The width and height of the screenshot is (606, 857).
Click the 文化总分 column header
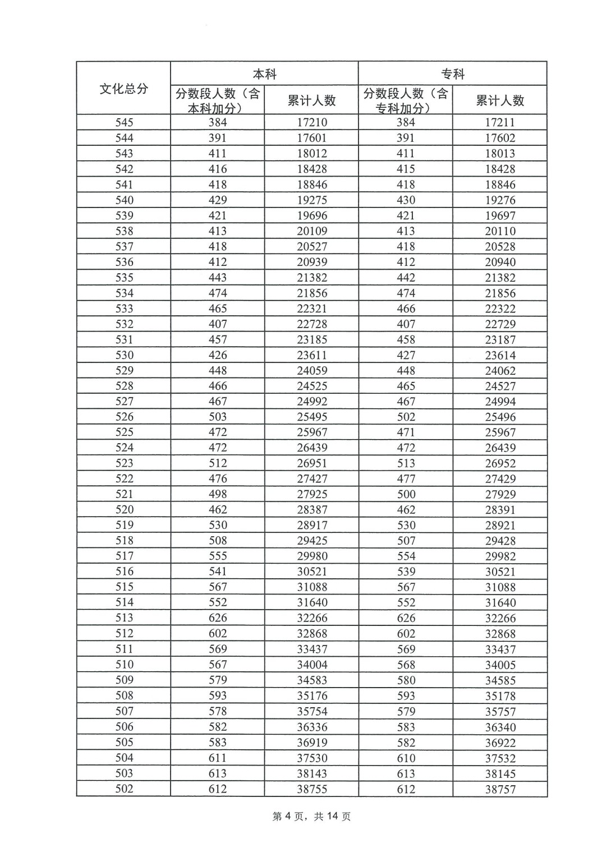pyautogui.click(x=124, y=89)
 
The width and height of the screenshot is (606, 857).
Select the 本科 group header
pyautogui.click(x=264, y=74)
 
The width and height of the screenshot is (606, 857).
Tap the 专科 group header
pyautogui.click(x=452, y=74)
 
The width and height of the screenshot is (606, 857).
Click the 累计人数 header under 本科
pyautogui.click(x=311, y=100)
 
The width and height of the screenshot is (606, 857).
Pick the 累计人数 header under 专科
pyautogui.click(x=500, y=100)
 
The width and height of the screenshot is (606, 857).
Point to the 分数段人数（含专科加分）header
pyautogui.click(x=405, y=100)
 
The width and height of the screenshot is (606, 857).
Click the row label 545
pyautogui.click(x=124, y=122)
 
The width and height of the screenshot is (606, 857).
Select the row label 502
pyautogui.click(x=124, y=789)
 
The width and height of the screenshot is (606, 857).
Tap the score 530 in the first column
pyautogui.click(x=124, y=355)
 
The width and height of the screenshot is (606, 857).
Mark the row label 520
pyautogui.click(x=124, y=510)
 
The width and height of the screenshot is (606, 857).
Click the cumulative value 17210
pyautogui.click(x=311, y=122)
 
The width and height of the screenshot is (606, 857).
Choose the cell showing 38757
pyautogui.click(x=500, y=789)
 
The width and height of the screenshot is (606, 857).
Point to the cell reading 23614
pyautogui.click(x=500, y=355)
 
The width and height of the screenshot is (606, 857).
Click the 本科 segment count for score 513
pyautogui.click(x=218, y=618)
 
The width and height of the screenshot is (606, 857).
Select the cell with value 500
pyautogui.click(x=406, y=494)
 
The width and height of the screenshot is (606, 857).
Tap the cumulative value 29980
pyautogui.click(x=311, y=556)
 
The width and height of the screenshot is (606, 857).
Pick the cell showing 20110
pyautogui.click(x=500, y=231)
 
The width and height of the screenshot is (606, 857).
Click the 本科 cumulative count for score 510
pyautogui.click(x=311, y=665)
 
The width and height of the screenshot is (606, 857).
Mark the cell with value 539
pyautogui.click(x=406, y=572)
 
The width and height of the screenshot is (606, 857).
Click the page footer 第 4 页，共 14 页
pyautogui.click(x=311, y=817)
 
